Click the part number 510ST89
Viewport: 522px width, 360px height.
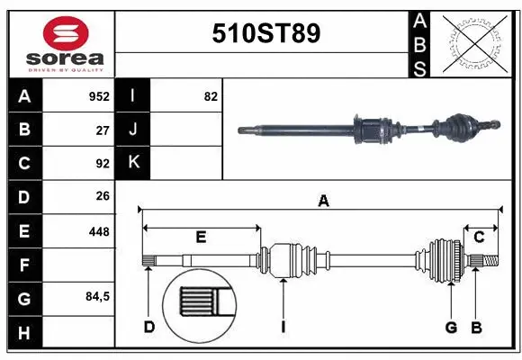265,34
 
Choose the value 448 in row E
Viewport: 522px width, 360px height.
99,231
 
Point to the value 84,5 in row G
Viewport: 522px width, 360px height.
97,297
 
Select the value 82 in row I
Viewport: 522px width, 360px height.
211,96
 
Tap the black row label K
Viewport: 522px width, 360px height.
133,163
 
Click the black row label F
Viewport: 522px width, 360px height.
23,265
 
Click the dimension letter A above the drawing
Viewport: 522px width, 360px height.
323,202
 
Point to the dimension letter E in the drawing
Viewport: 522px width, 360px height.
201,238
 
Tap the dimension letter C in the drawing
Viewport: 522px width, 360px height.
479,238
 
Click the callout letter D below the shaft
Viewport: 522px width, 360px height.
148,327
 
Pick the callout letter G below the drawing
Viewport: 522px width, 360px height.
452,327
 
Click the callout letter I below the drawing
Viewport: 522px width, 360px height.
282,327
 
